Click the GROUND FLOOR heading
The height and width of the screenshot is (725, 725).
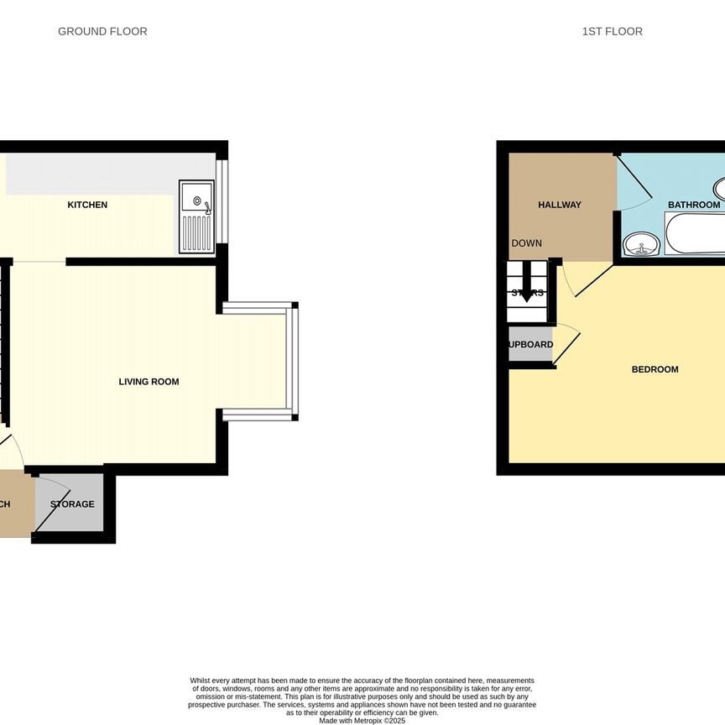(x=102, y=32)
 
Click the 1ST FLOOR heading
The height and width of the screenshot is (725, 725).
(x=613, y=32)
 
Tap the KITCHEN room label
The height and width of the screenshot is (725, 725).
(x=87, y=205)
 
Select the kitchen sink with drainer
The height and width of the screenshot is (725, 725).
(x=197, y=216)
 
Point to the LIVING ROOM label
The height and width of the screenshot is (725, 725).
(x=149, y=382)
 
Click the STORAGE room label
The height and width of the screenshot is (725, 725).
(x=72, y=504)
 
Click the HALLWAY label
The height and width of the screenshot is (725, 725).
(x=560, y=205)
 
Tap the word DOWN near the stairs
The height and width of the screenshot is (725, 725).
(x=526, y=243)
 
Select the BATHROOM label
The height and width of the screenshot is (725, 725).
(x=694, y=205)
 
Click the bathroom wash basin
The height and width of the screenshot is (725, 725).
(x=642, y=244)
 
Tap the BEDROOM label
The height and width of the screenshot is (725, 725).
(x=655, y=369)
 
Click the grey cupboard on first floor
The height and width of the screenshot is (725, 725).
(x=530, y=345)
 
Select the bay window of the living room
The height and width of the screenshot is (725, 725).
(x=293, y=361)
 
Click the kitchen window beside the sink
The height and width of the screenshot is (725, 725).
(x=222, y=205)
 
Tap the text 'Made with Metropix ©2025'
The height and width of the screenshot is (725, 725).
(x=362, y=720)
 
